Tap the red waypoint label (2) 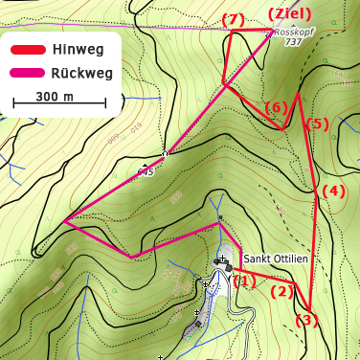point(281,291)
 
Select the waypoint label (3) point(305,320)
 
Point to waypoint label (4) point(332,191)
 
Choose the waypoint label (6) point(275,107)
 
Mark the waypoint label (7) point(233,19)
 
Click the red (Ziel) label point(289,13)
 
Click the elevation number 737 point(293,42)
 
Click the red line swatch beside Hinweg point(28,49)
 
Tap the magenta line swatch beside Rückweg point(28,72)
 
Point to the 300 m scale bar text point(54,96)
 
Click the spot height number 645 point(146,172)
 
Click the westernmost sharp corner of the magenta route point(64,222)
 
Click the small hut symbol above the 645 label point(166,151)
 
